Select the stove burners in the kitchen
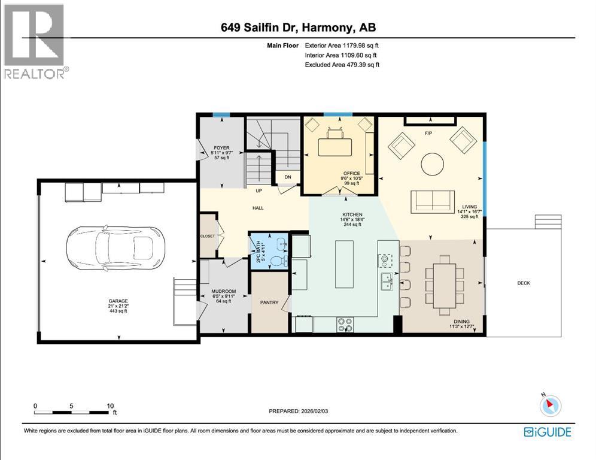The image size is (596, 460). tap(345, 324)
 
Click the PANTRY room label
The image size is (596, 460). tap(269, 302)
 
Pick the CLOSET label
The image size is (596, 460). tap(207, 236)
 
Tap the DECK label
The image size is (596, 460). tap(524, 283)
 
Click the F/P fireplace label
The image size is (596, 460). tap(428, 133)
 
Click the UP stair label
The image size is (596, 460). tap(259, 191)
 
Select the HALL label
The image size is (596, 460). tap(259, 208)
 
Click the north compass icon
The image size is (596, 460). tap(550, 405)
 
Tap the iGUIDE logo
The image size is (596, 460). tap(547, 432)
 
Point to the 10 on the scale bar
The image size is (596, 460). tap(110, 406)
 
